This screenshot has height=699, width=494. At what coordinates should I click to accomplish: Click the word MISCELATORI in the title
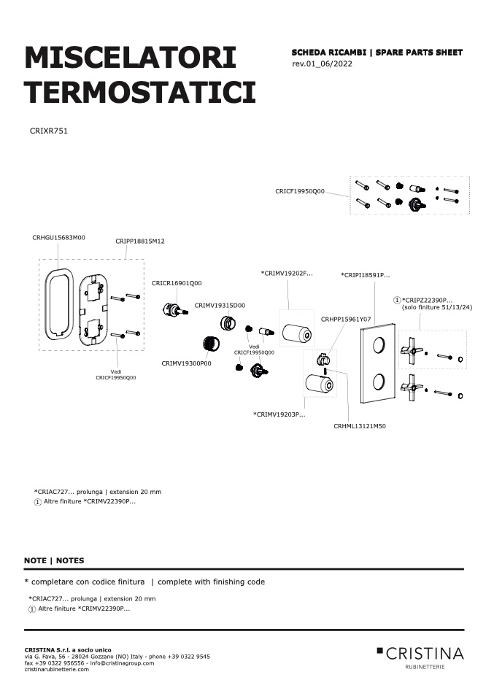(x=130, y=58)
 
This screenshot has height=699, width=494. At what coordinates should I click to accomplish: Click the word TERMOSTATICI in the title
(x=140, y=92)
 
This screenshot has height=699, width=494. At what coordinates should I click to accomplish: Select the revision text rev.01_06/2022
(x=322, y=63)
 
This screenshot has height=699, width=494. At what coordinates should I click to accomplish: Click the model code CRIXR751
(x=49, y=131)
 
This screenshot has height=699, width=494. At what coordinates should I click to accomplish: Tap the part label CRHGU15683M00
(x=58, y=238)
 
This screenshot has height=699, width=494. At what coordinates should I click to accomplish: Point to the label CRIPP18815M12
(x=140, y=242)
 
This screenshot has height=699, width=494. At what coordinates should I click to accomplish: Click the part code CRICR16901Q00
(x=177, y=283)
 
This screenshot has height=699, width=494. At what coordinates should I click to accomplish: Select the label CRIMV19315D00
(x=220, y=306)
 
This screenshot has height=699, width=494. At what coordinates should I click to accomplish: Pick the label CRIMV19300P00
(x=186, y=363)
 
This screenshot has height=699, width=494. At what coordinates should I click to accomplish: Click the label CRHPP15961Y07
(x=346, y=319)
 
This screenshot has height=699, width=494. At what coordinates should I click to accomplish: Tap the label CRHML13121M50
(x=360, y=426)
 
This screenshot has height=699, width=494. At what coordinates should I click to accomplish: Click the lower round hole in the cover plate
(x=378, y=382)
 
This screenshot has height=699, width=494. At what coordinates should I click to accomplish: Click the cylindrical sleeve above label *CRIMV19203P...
(x=319, y=385)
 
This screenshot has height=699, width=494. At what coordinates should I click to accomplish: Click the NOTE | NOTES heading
(x=54, y=561)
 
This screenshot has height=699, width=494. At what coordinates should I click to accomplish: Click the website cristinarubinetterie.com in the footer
(x=57, y=669)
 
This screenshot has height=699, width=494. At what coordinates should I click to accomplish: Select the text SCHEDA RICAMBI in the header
(x=328, y=53)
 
